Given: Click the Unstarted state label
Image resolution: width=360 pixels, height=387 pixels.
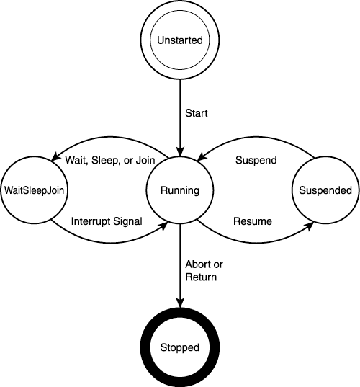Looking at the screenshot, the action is [x=180, y=40].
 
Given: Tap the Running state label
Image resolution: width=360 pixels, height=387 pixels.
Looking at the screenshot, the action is [x=180, y=190].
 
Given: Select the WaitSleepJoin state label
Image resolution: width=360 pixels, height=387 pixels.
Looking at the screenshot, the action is [x=34, y=190].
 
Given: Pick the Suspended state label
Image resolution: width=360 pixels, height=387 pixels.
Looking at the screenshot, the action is [x=325, y=190].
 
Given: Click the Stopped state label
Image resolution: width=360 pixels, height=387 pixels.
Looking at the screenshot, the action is [x=180, y=348].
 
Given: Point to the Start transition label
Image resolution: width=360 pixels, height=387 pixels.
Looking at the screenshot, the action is [x=197, y=113].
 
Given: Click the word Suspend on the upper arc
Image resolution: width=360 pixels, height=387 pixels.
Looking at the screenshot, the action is [x=256, y=161].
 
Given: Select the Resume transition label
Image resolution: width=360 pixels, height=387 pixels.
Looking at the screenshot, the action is [x=253, y=221].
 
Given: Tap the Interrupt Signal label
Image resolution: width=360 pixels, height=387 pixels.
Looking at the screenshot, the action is [x=107, y=221].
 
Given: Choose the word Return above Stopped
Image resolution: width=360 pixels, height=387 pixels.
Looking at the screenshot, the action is [x=201, y=277].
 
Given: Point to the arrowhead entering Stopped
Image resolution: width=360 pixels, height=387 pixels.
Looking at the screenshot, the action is [x=180, y=303].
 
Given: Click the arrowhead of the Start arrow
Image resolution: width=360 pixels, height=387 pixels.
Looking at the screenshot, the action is [x=180, y=152].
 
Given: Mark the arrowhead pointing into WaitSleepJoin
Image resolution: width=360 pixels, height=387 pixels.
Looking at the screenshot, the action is [x=55, y=157].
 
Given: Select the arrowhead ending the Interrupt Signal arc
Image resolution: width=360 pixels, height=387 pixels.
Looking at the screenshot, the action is [x=163, y=226].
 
